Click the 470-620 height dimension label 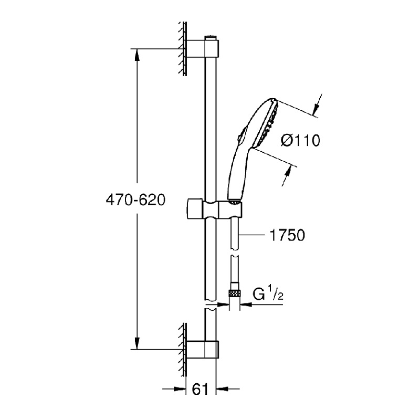[135, 200]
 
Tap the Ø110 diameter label [300, 140]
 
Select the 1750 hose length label [287, 235]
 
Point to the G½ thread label [268, 293]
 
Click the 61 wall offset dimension [200, 389]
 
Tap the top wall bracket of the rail [203, 48]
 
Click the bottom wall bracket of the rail [203, 350]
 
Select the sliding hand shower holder [214, 211]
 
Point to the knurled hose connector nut [234, 293]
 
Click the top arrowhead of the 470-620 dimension [137, 56]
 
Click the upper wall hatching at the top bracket [183, 48]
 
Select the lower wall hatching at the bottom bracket [183, 350]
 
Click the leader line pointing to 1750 [252, 235]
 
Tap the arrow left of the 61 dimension [174, 388]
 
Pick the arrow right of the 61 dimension [228, 388]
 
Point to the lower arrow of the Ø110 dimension [286, 176]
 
